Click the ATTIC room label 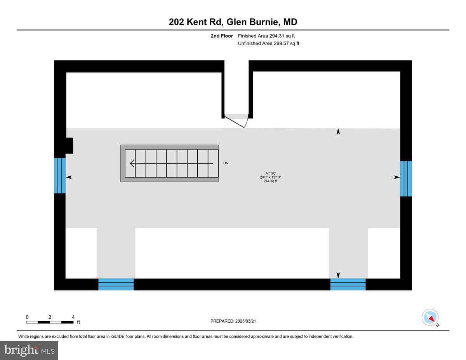pos(270,173)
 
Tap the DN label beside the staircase pos(226,163)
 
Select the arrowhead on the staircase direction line pos(132,163)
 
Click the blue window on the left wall pos(60,176)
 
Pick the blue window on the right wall pos(406,179)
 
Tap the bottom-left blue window pos(116,284)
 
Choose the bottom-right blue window pos(348,284)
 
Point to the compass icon pos(430,318)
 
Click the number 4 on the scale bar pos(73,317)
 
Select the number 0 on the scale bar pos(27,317)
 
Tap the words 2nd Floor pos(222,36)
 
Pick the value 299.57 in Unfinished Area pos(281,43)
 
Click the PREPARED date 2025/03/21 pos(245,321)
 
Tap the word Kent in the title pos(198,22)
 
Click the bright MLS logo pos(29,351)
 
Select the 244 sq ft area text pos(270,181)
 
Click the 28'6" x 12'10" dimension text pos(270,177)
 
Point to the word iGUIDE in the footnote pos(117,337)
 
